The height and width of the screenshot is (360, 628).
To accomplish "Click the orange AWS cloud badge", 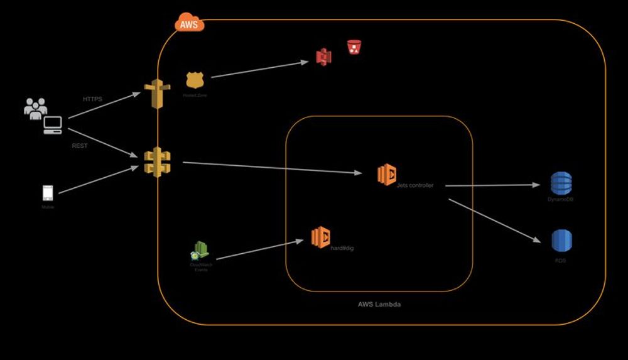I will [x=188, y=24].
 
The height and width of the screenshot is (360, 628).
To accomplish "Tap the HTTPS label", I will [x=92, y=99].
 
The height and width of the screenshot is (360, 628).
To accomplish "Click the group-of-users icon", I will [x=35, y=107].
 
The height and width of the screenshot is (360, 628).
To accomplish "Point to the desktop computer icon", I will [x=52, y=125].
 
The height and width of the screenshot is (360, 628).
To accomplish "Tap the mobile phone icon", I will [x=48, y=193].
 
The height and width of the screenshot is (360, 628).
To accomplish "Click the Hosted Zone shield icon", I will [x=195, y=80].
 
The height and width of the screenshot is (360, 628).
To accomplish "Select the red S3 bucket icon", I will [x=354, y=47].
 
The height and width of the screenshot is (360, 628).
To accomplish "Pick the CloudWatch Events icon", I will [x=200, y=251].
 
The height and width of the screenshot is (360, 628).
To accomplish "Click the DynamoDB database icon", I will [x=561, y=183].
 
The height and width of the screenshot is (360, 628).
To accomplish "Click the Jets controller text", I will [x=415, y=185].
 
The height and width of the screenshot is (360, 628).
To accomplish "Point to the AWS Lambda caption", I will [x=379, y=304].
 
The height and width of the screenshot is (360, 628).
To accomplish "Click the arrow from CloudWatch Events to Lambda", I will [x=257, y=249].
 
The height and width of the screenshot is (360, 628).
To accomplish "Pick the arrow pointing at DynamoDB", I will [x=493, y=185].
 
